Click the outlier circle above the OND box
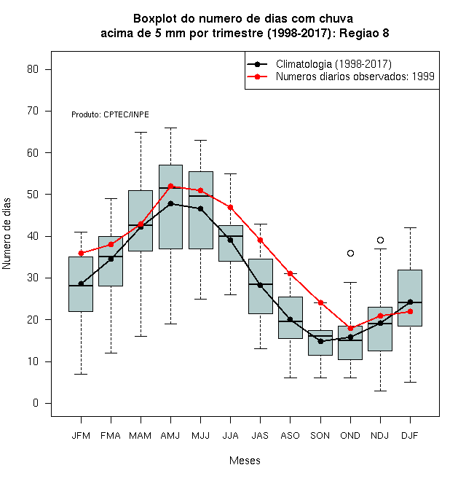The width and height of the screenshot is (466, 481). [350, 253]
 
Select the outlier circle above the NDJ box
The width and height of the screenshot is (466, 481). [381, 240]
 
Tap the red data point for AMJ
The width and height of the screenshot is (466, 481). [171, 186]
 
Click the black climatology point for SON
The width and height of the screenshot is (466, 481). [320, 341]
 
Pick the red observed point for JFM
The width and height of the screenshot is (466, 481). [81, 253]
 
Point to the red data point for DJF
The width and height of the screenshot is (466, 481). [411, 312]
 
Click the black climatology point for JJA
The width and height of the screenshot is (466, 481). [231, 240]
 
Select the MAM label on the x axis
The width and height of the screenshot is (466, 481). [140, 436]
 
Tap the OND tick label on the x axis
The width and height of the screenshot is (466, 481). [350, 436]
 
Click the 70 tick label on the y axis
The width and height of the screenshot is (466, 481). [33, 111]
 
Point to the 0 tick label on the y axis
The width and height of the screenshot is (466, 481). [36, 403]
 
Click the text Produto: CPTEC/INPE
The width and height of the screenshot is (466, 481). [110, 114]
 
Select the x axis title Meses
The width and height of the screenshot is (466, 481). [245, 461]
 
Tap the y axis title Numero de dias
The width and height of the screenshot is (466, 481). [7, 234]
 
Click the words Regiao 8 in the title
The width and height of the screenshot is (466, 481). [364, 33]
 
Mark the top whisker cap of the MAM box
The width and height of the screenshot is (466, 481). [141, 132]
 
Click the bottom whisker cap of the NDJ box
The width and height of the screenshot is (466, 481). [381, 391]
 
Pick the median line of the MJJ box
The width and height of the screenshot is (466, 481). [201, 196]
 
